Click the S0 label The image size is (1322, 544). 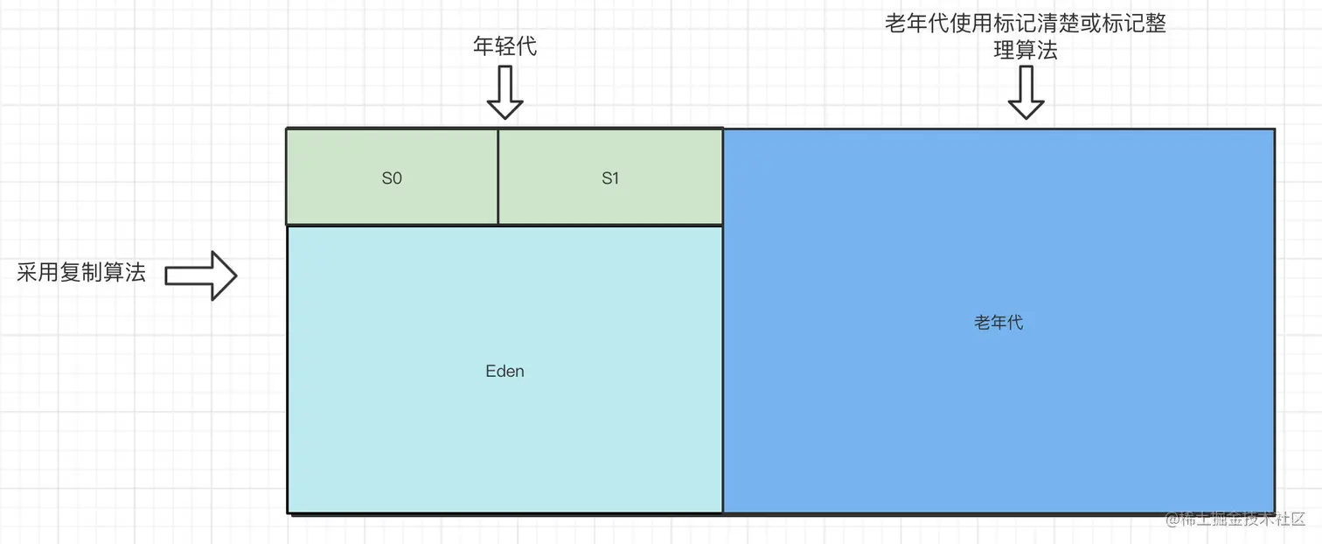coord(392,178)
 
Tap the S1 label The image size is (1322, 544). coord(610,178)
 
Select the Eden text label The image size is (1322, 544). coord(504,371)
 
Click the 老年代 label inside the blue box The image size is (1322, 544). coord(998,323)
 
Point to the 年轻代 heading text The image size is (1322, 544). coord(504,45)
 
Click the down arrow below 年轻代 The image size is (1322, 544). coord(504,93)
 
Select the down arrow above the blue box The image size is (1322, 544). coord(1026,93)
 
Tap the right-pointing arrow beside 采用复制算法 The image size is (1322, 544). coord(201,275)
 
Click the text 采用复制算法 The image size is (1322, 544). coord(81,273)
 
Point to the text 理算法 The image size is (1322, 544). coord(1026,51)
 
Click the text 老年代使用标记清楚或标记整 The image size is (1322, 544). coord(1026,24)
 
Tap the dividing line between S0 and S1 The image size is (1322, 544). coord(498,178)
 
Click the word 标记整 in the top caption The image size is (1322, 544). coord(1134,24)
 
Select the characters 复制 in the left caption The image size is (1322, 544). coord(81,273)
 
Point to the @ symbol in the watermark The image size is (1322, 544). coord(1171,520)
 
